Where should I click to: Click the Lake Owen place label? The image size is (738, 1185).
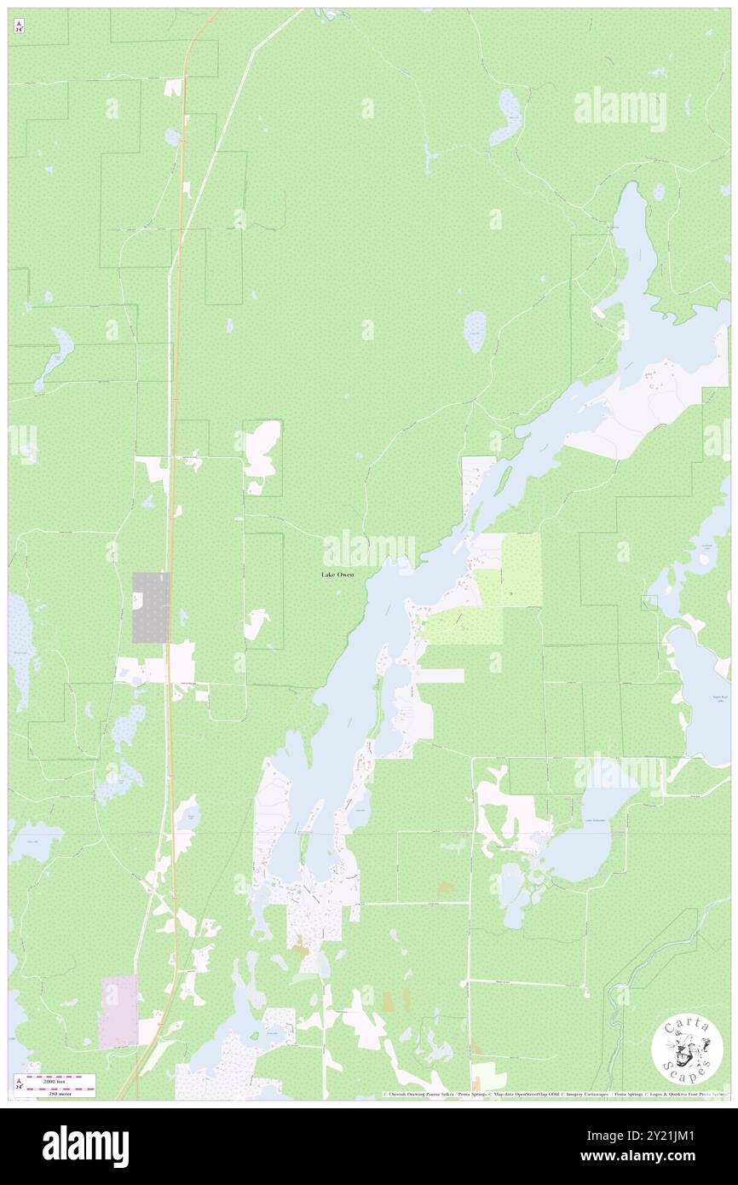(337, 575)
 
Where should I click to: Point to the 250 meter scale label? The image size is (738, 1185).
(61, 1093)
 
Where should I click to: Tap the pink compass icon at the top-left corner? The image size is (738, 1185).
(19, 26)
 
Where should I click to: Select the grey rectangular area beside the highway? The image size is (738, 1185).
(150, 607)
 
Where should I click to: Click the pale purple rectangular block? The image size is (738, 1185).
(118, 1010)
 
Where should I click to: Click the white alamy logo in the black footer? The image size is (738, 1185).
(85, 1147)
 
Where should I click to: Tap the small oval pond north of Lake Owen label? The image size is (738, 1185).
(475, 331)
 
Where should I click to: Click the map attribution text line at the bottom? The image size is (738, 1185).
(554, 1094)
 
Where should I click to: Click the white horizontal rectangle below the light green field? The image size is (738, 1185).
(440, 675)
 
